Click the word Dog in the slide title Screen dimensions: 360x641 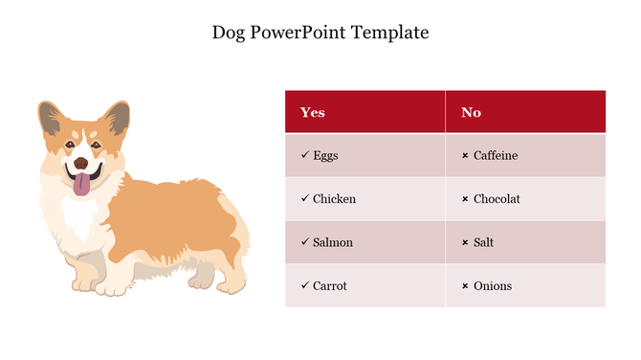point(229,33)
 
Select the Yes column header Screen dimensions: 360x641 point(313,112)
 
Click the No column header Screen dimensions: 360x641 point(471,112)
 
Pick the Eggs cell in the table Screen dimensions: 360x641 point(325,155)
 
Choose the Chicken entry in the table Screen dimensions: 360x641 point(334,199)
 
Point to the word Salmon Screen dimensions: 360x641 point(333,242)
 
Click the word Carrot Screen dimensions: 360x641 point(330,285)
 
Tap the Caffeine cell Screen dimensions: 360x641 point(496,155)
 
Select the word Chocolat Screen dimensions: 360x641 point(497,199)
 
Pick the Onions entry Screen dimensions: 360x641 point(493,285)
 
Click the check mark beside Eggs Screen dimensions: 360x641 point(304,155)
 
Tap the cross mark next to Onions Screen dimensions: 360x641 point(465,286)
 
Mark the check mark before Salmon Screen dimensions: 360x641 point(304,242)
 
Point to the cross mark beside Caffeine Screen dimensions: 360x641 point(465,156)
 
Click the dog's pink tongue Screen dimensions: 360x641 point(84,184)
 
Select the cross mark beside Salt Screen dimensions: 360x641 point(465,243)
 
